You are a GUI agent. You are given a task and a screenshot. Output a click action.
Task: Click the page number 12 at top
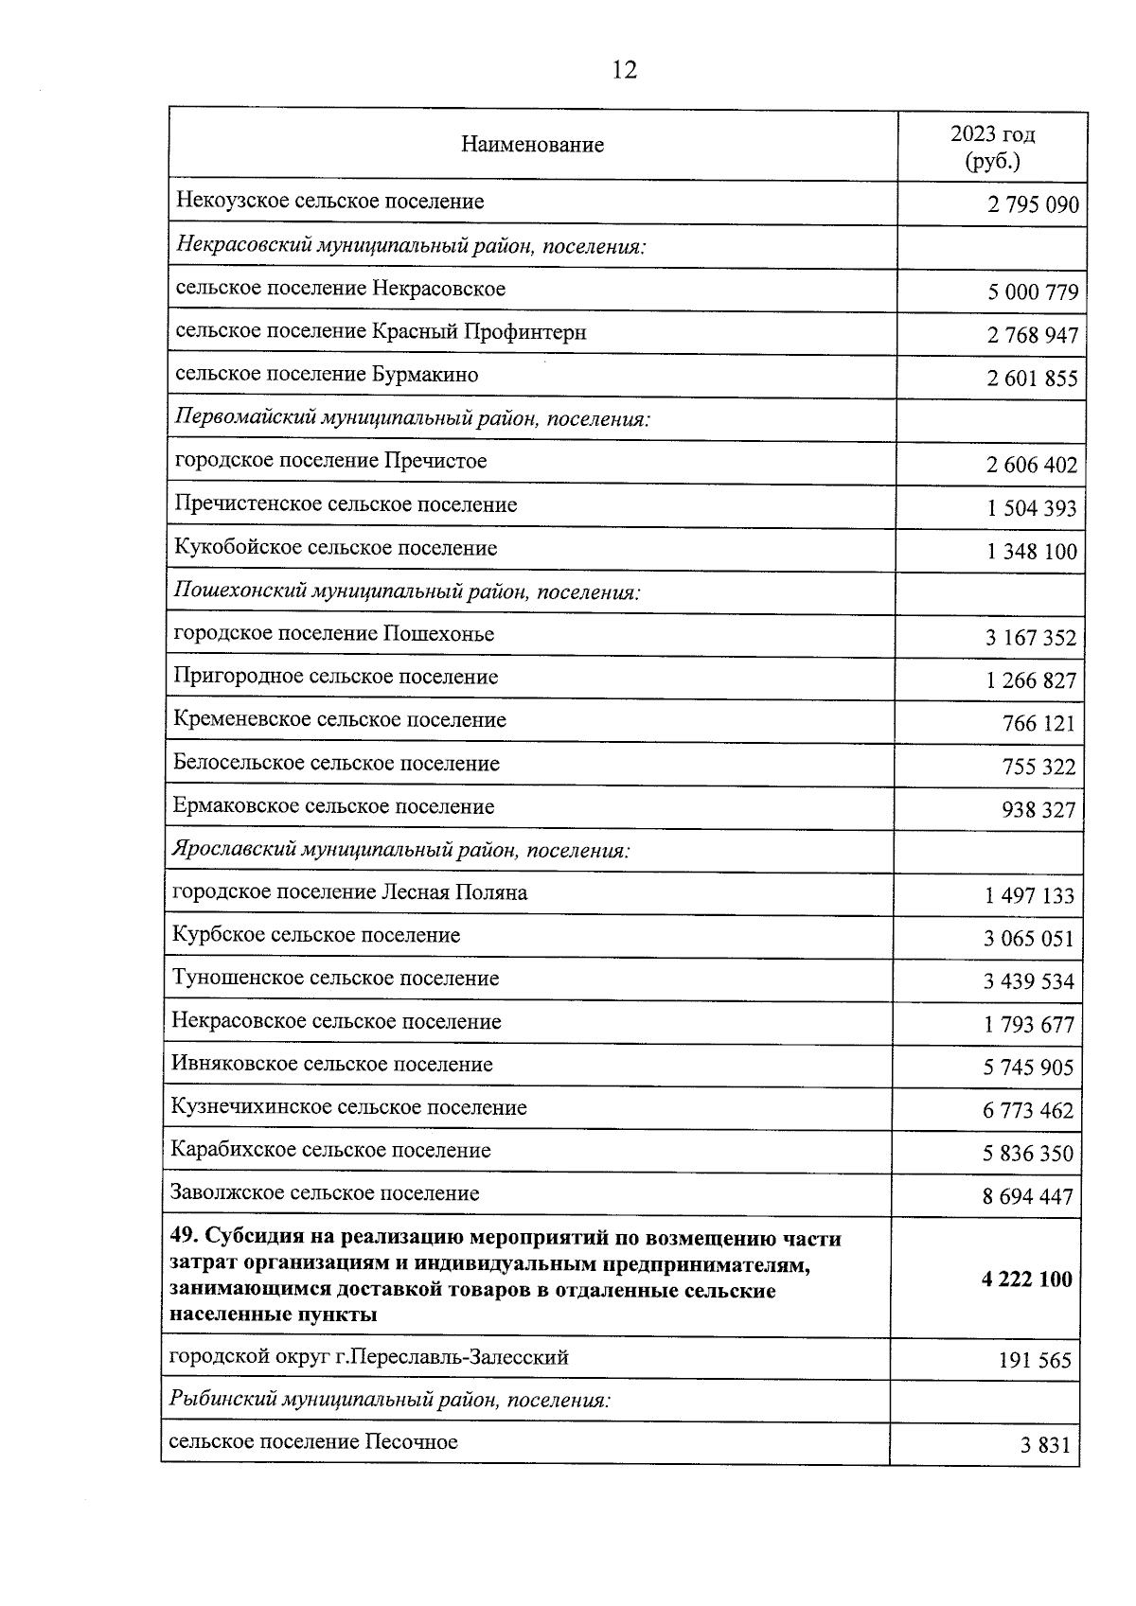click(625, 69)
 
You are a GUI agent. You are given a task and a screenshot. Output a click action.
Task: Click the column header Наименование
click(533, 145)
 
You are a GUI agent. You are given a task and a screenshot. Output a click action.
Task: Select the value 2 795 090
click(1033, 205)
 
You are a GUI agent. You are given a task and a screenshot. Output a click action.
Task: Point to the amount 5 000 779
click(1033, 292)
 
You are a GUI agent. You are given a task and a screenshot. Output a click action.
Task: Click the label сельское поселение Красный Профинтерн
click(381, 331)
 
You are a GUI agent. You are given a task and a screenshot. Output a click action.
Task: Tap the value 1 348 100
click(1032, 552)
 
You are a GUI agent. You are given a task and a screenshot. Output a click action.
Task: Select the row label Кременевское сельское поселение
click(340, 719)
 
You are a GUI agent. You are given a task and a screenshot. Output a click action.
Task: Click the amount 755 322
click(1038, 767)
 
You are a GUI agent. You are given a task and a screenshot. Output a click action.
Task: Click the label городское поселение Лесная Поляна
click(350, 892)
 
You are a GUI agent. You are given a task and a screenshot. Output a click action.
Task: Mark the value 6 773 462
click(1028, 1110)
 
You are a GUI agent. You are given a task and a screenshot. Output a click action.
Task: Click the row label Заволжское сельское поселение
click(325, 1193)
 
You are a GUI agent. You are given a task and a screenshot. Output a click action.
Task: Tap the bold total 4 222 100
click(1027, 1280)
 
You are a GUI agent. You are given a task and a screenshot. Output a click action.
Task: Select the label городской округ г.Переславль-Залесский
click(368, 1357)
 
